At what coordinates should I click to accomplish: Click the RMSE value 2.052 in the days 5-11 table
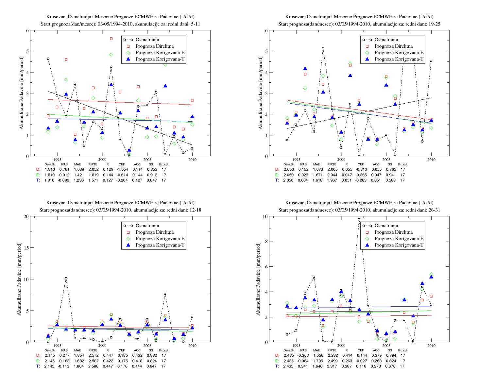coord(94,169)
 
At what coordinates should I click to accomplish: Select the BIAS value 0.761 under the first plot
coord(64,169)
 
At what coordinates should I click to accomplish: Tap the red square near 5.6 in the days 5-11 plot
coord(111,39)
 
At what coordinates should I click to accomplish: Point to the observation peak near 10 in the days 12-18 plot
coord(66,278)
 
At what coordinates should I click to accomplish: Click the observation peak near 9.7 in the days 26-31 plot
coord(359,219)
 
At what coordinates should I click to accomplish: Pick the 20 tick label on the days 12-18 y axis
coord(26,216)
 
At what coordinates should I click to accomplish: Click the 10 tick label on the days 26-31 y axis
coord(265,216)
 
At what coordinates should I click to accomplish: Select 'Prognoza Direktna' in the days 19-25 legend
coord(393,46)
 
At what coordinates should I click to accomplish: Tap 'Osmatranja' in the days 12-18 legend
coord(147,226)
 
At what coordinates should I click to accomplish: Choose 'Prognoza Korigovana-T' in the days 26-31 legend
coord(399,245)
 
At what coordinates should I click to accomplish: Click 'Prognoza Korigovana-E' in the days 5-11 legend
coord(160,53)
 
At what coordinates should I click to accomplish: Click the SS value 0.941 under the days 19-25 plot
coord(390,175)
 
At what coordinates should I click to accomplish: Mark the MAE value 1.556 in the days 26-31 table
coord(317,355)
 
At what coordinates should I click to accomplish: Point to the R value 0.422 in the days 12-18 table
coord(108,361)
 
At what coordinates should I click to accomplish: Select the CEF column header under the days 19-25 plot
coord(361,164)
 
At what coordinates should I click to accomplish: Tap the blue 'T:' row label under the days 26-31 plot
coord(277,366)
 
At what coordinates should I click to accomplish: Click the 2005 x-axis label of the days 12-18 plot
coord(147,346)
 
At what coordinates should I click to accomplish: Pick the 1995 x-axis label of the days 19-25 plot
coord(296,160)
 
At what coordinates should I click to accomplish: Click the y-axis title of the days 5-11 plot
coord(21,93)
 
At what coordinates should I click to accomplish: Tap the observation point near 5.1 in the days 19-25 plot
coord(323,48)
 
